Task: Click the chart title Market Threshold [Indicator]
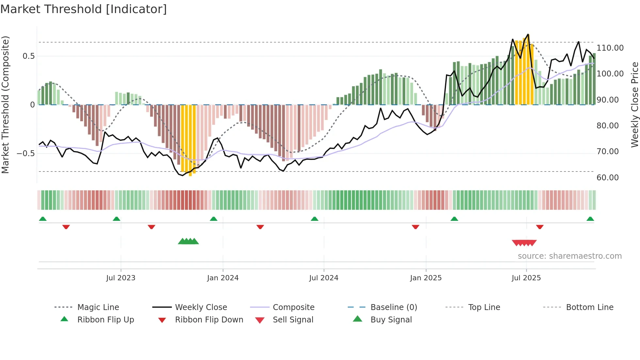[84, 9]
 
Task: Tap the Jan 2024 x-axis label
[223, 278]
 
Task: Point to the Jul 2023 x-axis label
[120, 278]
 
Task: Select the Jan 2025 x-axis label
[426, 278]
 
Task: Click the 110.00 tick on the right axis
[610, 48]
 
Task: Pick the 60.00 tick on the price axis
[607, 178]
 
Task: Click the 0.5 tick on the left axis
[28, 56]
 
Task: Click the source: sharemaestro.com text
[569, 256]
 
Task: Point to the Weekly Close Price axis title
[634, 105]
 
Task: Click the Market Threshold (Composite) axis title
[5, 105]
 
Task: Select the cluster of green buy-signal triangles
[188, 241]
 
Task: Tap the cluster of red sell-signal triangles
[524, 243]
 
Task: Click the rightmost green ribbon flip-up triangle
[590, 219]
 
